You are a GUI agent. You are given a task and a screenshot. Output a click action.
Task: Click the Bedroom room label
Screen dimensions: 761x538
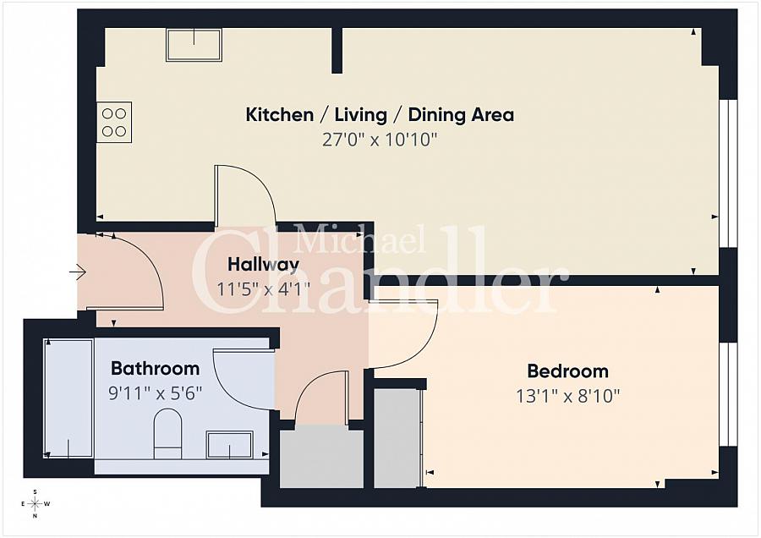(x=567, y=371)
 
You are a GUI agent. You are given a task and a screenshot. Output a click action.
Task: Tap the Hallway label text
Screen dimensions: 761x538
(x=263, y=265)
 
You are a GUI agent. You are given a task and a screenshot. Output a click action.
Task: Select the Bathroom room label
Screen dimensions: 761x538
(x=155, y=368)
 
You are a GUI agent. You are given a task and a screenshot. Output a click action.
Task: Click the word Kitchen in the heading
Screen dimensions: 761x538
(x=280, y=114)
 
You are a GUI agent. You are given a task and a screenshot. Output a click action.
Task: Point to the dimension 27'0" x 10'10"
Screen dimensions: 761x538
(x=380, y=140)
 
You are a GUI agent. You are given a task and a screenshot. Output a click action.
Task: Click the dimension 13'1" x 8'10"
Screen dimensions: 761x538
(x=567, y=396)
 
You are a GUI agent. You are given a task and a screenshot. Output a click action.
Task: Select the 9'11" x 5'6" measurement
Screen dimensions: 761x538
(x=155, y=393)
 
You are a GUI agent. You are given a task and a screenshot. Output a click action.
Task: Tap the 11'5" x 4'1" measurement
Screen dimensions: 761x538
(x=263, y=290)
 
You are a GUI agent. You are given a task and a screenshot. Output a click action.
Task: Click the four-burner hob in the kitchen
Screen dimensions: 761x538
(x=114, y=122)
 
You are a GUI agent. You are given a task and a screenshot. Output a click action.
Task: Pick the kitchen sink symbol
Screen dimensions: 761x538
(x=194, y=45)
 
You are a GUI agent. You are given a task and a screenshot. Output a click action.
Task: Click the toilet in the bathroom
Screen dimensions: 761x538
(x=167, y=434)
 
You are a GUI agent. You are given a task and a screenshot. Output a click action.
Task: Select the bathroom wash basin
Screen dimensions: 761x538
(x=229, y=444)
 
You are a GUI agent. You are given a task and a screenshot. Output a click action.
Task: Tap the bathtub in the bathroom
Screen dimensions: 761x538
(x=68, y=398)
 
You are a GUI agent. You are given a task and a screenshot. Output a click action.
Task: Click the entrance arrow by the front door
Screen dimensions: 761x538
(x=78, y=272)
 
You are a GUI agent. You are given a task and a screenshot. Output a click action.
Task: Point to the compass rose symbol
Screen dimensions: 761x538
(x=35, y=504)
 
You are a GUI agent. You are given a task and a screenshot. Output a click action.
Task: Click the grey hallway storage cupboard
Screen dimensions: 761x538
(x=322, y=458)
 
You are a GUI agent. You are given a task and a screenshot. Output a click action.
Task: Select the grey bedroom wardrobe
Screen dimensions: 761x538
(x=397, y=437)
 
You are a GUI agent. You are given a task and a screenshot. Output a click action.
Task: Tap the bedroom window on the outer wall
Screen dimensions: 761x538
(x=728, y=394)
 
